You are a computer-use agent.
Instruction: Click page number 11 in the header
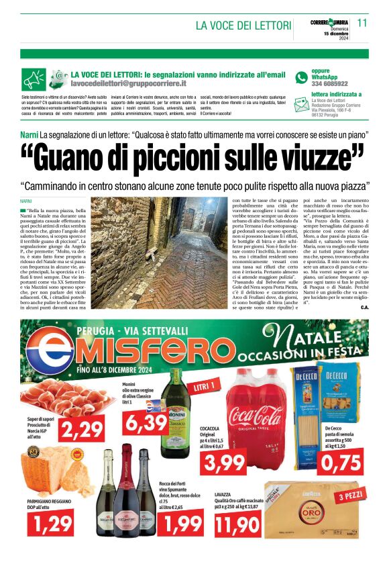pyautogui.click(x=362, y=22)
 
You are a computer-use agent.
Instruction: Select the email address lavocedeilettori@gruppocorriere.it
pyautogui.click(x=128, y=83)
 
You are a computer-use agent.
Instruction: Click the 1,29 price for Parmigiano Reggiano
pyautogui.click(x=52, y=519)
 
